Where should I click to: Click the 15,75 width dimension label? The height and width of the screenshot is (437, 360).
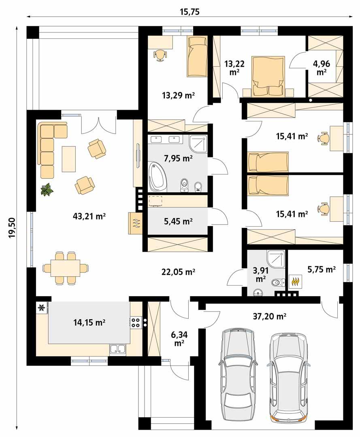click(190, 11)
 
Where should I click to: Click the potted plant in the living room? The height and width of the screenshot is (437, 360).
click(47, 189)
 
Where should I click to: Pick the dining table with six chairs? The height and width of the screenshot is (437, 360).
click(65, 267)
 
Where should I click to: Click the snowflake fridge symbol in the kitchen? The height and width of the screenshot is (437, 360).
click(41, 308)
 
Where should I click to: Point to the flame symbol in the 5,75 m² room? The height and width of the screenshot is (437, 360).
click(295, 281)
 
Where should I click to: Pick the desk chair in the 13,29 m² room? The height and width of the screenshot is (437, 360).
click(160, 55)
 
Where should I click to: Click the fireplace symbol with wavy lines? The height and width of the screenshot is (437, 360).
click(136, 223)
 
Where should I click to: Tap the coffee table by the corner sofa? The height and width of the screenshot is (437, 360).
click(69, 159)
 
